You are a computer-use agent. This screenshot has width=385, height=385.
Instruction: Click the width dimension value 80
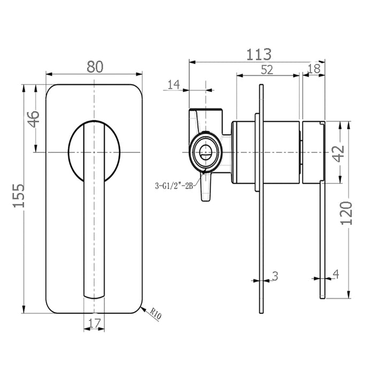tap(95, 67)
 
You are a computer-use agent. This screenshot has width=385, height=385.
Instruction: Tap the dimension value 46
tap(34, 119)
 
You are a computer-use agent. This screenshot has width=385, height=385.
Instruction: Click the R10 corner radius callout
tap(156, 313)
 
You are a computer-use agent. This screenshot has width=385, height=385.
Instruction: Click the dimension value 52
tap(267, 70)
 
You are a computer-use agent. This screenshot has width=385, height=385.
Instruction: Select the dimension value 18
tap(314, 69)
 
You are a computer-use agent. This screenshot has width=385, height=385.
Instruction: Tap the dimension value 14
tap(174, 84)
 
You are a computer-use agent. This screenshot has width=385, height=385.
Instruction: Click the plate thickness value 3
tap(275, 276)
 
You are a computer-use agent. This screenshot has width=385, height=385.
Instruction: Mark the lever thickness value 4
tap(335, 275)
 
